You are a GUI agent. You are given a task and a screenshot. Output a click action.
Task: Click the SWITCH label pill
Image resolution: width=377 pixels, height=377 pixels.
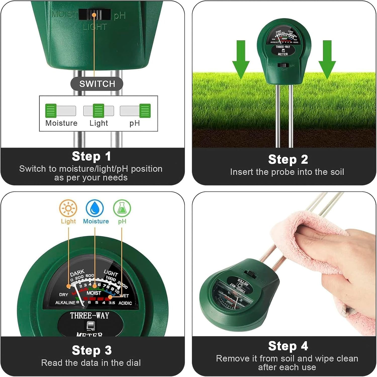(97, 84)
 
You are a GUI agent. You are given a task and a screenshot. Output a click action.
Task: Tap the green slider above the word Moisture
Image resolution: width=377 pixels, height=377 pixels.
(51, 111)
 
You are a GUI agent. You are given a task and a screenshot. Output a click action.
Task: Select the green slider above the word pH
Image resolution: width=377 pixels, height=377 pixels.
(145, 111)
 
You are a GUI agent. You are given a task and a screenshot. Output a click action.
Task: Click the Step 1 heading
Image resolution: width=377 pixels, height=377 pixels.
(91, 156)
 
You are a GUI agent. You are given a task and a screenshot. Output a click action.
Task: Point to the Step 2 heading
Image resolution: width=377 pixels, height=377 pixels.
(288, 159)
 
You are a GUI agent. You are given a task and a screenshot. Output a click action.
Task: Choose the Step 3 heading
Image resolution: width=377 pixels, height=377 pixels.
(92, 350)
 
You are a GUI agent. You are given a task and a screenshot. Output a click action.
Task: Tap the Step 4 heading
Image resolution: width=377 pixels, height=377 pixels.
(288, 346)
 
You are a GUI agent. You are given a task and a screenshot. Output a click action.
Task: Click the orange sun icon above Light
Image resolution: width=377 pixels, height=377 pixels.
(68, 208)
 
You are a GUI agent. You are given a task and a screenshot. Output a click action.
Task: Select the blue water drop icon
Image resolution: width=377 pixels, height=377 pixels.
(95, 208)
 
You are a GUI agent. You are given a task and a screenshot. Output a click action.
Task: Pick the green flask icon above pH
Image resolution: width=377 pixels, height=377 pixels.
(122, 208)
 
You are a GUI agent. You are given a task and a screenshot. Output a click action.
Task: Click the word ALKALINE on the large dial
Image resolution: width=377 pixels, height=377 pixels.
(65, 303)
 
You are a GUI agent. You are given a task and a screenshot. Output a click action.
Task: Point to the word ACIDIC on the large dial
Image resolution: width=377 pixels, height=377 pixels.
(125, 303)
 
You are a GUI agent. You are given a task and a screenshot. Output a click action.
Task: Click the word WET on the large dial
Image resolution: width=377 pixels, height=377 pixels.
(124, 296)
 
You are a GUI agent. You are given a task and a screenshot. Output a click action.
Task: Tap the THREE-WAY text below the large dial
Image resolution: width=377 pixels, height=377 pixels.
(89, 315)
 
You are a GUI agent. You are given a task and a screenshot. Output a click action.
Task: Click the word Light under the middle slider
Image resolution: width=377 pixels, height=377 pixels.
(99, 123)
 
